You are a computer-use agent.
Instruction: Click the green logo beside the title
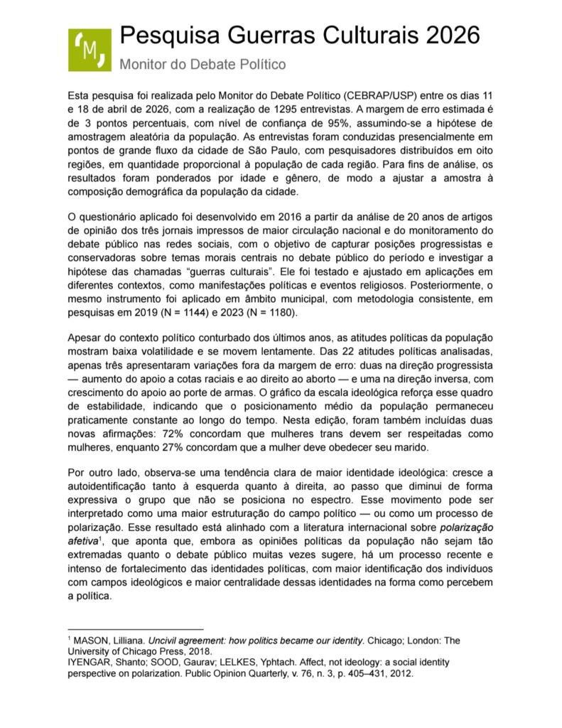click(x=90, y=50)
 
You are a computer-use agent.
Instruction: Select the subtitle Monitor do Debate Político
click(x=202, y=65)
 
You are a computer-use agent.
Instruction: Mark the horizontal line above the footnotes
click(x=135, y=628)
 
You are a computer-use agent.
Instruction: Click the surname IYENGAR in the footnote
click(x=89, y=662)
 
